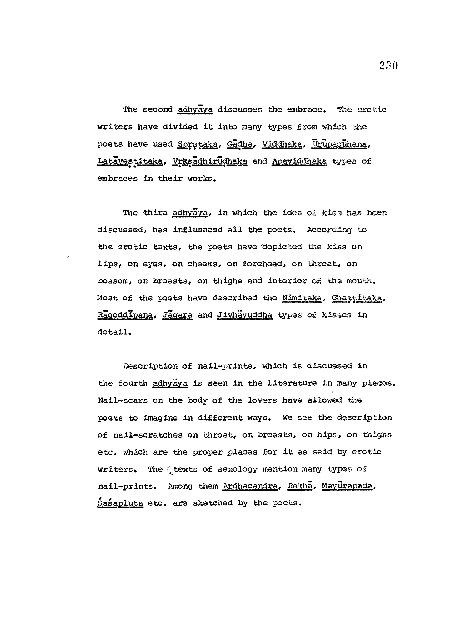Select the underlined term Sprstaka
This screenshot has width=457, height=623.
tap(197, 144)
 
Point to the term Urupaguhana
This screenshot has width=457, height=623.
tap(340, 144)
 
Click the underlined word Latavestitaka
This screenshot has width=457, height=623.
tap(130, 161)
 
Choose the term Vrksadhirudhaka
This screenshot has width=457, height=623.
tap(210, 161)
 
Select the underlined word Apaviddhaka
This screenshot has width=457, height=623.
tap(299, 161)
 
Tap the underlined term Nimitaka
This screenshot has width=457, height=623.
tap(302, 298)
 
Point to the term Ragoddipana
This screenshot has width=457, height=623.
tap(125, 315)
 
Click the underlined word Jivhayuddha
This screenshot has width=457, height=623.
tap(245, 315)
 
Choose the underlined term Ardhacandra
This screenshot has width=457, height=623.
tap(250, 486)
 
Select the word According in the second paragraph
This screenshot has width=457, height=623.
tap(329, 230)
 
